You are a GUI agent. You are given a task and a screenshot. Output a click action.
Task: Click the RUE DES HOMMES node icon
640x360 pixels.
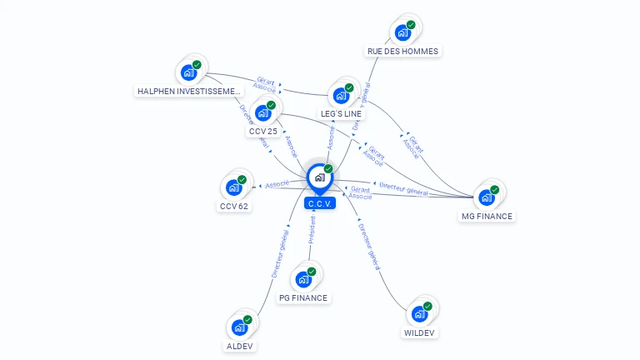(403, 32)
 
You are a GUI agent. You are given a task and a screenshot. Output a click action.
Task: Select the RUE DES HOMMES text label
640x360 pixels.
(403, 51)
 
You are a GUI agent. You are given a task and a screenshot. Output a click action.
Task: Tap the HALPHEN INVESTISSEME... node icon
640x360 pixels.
(189, 72)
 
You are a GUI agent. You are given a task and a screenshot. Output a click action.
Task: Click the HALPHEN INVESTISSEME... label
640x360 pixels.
(189, 91)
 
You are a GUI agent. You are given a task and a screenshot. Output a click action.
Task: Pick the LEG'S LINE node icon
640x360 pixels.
(341, 95)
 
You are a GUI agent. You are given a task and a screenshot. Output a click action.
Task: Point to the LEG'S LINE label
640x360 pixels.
(342, 113)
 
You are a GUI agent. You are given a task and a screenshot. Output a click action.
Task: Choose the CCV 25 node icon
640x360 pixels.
(263, 112)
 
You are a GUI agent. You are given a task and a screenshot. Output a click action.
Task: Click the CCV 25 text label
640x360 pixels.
(263, 131)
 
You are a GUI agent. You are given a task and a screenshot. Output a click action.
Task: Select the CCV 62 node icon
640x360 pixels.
(234, 187)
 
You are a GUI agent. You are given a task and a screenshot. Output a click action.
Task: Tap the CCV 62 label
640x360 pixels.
(234, 206)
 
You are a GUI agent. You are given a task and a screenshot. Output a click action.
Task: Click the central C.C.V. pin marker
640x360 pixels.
(319, 177)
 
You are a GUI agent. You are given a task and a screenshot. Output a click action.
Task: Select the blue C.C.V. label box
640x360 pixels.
(320, 203)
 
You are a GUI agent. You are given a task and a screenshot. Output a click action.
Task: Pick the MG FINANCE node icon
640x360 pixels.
(487, 197)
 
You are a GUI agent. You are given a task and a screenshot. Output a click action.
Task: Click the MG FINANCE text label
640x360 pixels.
(487, 216)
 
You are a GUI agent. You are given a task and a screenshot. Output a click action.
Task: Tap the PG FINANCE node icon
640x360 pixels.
(303, 279)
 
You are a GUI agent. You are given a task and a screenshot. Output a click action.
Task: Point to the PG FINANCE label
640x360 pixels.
(303, 297)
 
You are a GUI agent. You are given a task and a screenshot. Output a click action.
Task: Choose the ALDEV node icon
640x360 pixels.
(240, 327)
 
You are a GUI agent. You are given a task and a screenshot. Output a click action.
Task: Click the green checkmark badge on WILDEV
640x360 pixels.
(427, 307)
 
